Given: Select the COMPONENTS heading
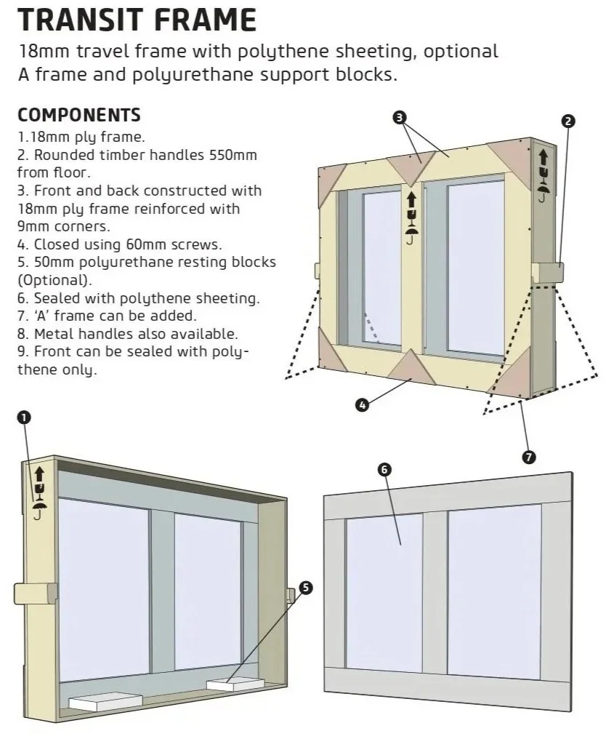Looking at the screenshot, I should (78, 116).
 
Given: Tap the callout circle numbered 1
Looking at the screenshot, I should (25, 417).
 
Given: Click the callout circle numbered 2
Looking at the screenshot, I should (569, 121).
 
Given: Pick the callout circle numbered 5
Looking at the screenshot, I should (306, 588).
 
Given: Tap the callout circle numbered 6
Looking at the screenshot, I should (384, 470).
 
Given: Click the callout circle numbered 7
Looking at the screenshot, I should (528, 457).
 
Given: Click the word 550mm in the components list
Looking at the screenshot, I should (233, 156).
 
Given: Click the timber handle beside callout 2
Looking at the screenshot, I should (549, 273).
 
